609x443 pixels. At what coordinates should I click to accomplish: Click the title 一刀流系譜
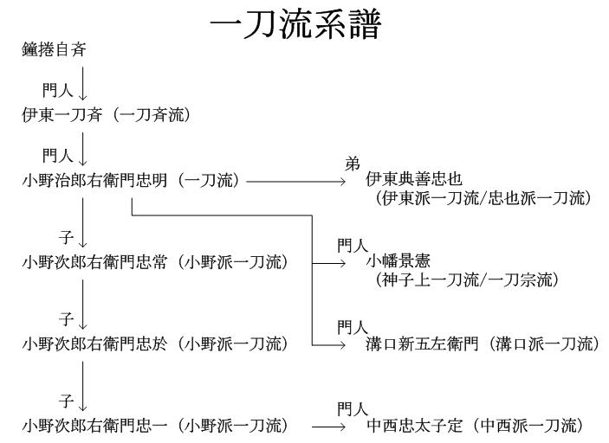point(295,23)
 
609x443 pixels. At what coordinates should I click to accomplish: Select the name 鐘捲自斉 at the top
point(54,50)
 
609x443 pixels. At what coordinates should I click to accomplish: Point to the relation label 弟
point(352,164)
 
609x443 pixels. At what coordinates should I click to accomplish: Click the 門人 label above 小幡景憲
point(353,246)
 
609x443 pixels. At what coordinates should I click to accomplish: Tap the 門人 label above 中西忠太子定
point(353,408)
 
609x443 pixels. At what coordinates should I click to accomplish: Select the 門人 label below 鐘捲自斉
point(57,89)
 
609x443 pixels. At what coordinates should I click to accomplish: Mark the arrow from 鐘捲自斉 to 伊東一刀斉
point(83,83)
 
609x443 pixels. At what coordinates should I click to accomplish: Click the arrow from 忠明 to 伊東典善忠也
point(295,181)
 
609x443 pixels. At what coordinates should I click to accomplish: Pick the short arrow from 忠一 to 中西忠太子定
point(329,426)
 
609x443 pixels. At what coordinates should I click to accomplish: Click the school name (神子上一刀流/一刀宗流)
point(467,279)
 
